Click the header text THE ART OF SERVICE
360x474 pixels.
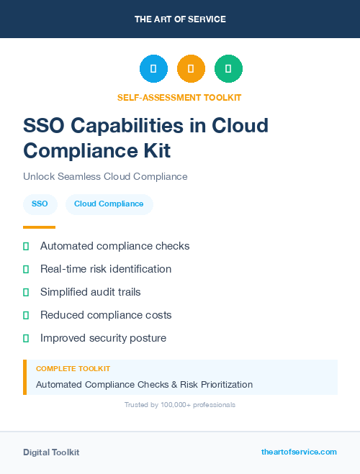tap(180, 19)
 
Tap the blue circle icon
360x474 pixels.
tap(153, 69)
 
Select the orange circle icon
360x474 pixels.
tap(191, 69)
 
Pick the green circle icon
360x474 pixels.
tap(228, 69)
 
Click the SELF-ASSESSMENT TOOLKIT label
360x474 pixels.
tap(179, 97)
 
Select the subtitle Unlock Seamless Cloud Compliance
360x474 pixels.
tap(105, 176)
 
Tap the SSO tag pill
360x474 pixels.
tap(40, 204)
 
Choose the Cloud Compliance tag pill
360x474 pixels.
tap(109, 204)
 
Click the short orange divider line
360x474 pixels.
tap(39, 227)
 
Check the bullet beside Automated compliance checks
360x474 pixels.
tap(26, 247)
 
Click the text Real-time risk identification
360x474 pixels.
tap(106, 269)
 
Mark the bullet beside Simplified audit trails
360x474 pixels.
tap(26, 293)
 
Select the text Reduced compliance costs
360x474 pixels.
tap(106, 315)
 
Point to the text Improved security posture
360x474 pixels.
tap(103, 338)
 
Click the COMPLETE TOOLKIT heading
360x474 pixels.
tap(73, 368)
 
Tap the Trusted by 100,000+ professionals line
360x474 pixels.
tap(180, 405)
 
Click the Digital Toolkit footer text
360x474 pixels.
tap(51, 452)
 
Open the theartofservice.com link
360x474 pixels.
tap(299, 452)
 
